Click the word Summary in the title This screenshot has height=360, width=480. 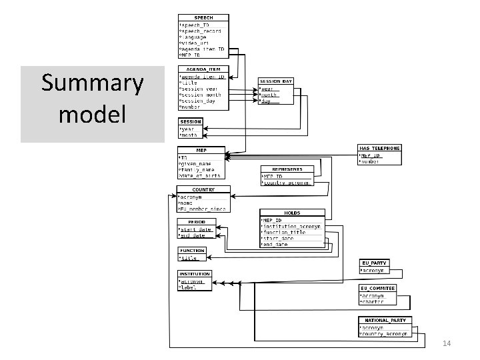[92, 84]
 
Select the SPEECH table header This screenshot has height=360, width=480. [203, 17]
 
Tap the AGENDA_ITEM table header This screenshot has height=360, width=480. [203, 69]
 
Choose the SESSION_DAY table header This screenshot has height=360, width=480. [276, 81]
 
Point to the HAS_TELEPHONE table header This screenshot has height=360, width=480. [379, 148]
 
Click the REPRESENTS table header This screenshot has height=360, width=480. [287, 169]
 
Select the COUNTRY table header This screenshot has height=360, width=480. [203, 189]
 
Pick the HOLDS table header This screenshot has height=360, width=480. [292, 213]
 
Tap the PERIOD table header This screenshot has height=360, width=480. [196, 221]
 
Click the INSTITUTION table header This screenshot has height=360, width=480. [195, 274]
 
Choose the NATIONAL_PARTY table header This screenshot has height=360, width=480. [385, 321]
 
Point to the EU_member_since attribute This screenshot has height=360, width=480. [203, 209]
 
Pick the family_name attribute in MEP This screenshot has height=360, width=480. [199, 170]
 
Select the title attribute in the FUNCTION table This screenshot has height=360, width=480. [189, 258]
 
